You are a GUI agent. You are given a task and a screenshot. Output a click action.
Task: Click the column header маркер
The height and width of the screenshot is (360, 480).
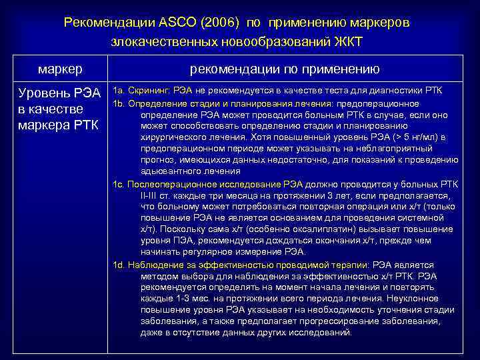click(x=60, y=68)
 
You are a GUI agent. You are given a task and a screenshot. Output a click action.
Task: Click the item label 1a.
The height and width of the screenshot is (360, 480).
click(x=118, y=90)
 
